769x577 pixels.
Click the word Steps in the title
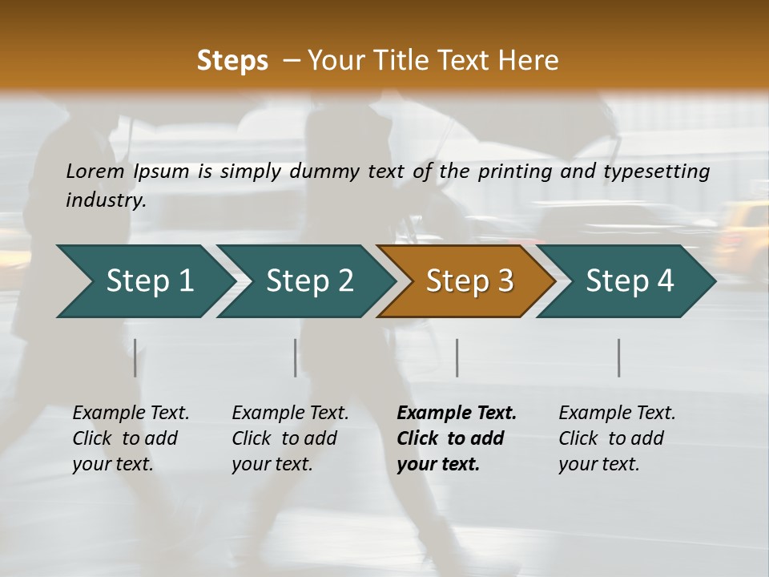pos(232,61)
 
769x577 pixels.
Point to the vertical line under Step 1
pos(135,357)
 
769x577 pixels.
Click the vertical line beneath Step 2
pos(296,357)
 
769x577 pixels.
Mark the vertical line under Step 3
pos(457,357)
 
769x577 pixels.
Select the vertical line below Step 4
pos(619,357)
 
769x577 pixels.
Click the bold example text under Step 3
pos(457,438)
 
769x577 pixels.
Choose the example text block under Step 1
pos(131,438)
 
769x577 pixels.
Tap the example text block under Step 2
pos(290,438)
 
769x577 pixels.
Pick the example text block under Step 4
pos(617,438)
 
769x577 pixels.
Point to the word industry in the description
pos(106,200)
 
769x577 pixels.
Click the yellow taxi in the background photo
pos(741,232)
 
